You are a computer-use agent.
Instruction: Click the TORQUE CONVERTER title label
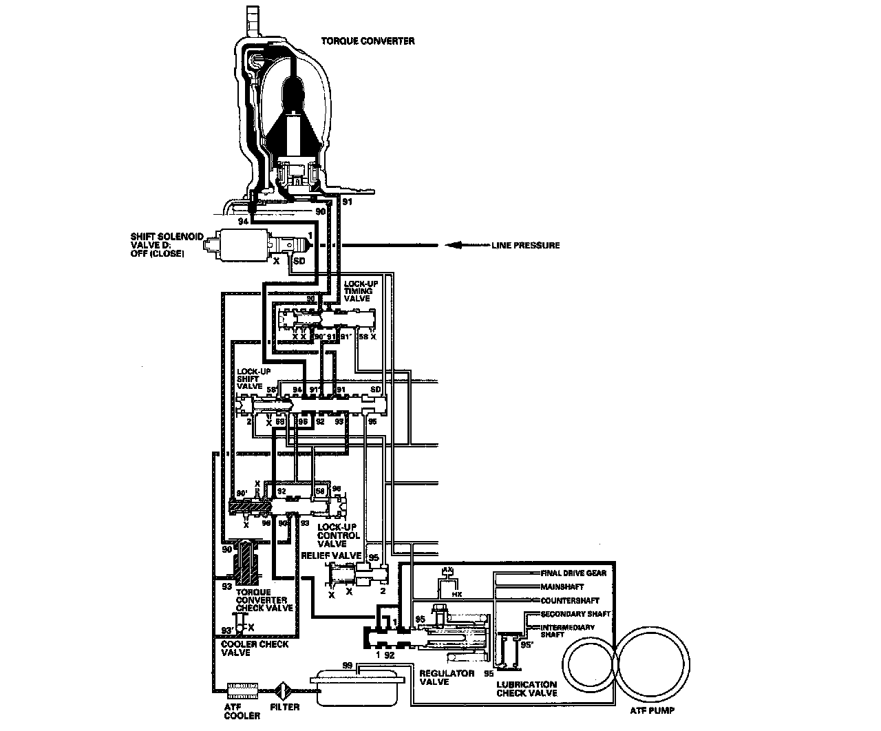[368, 41]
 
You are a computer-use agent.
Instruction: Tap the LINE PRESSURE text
[525, 246]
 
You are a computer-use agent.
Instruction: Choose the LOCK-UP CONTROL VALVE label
[338, 535]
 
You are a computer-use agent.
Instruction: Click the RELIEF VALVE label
[332, 555]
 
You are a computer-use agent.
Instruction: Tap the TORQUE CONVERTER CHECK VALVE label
[264, 600]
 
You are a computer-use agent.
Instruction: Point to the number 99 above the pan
[348, 666]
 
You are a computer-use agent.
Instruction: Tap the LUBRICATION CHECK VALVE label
[527, 689]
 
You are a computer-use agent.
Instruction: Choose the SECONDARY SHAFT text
[575, 614]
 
